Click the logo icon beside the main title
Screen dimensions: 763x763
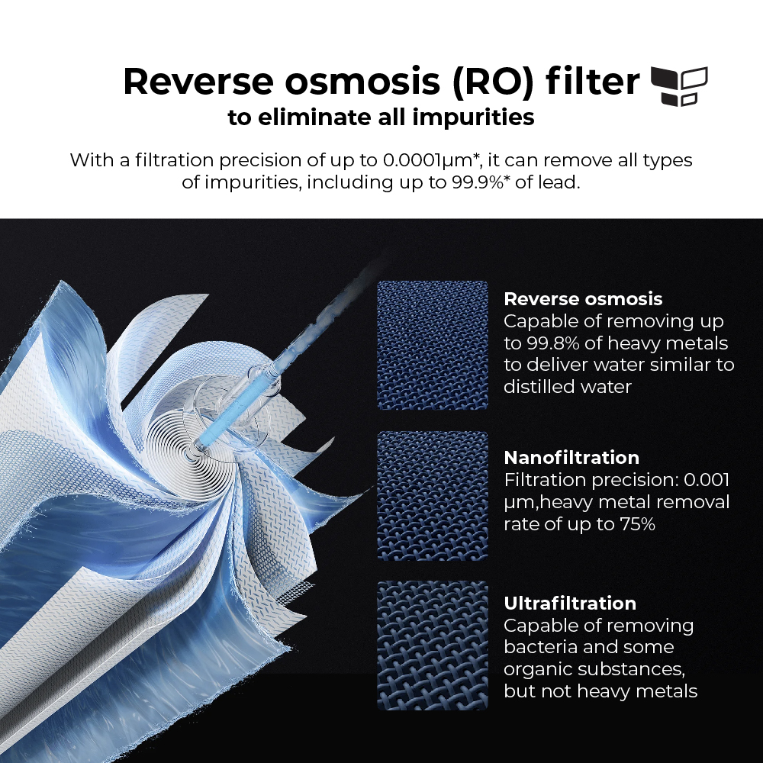[x=679, y=86]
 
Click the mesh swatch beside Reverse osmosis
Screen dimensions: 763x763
[x=433, y=345]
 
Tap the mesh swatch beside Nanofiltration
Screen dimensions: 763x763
[x=433, y=496]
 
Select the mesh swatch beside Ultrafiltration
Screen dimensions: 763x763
[x=433, y=645]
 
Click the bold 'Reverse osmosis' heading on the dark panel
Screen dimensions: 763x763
[x=583, y=299]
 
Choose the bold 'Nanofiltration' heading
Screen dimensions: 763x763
[x=571, y=457]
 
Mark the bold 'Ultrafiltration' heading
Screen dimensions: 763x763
[x=570, y=604]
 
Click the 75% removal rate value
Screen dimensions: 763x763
[x=637, y=524]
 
